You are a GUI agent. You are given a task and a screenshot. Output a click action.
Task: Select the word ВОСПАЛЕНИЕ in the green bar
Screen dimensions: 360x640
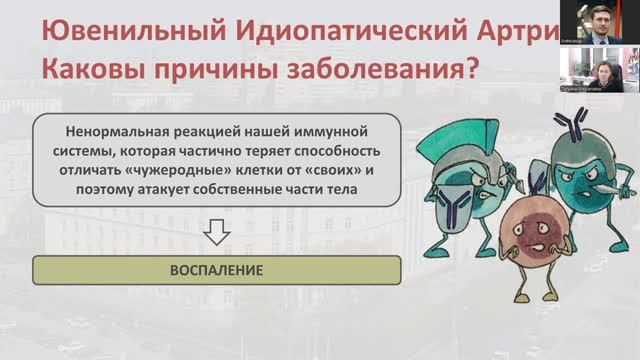coord(215,270)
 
